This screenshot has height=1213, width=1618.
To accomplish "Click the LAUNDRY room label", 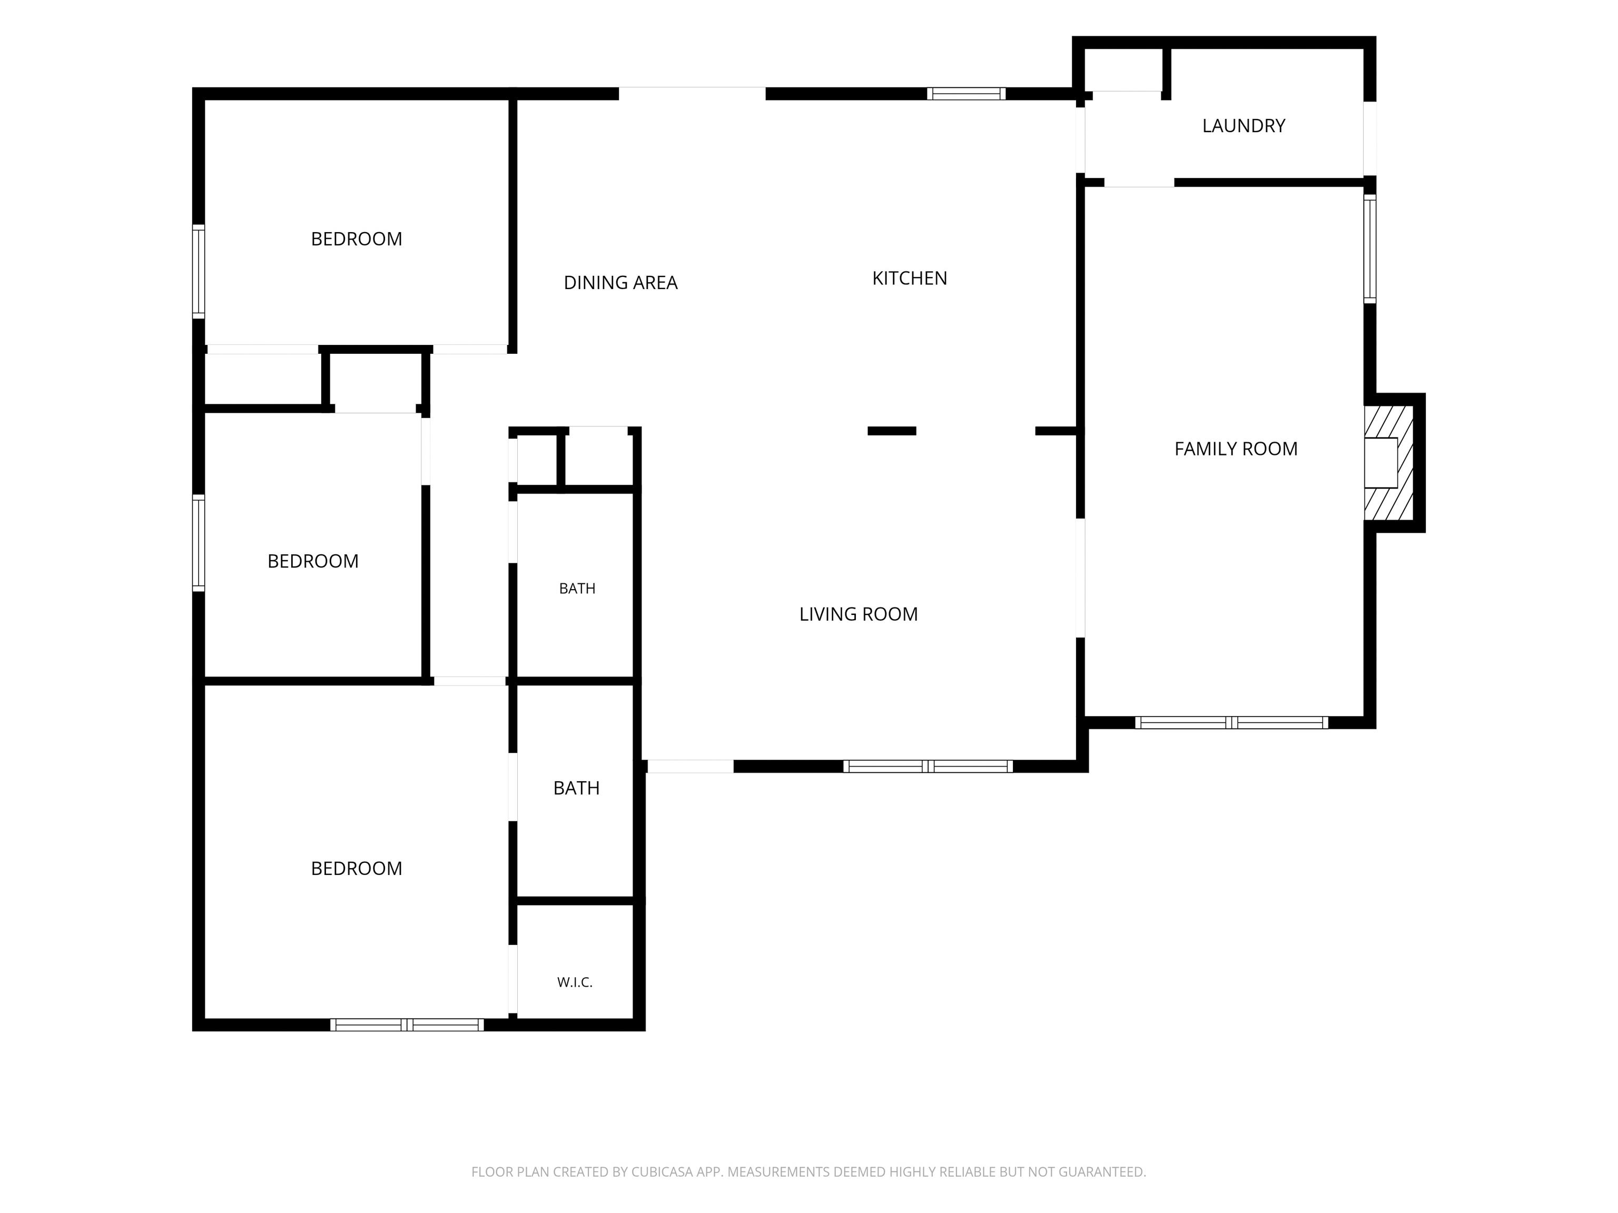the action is coord(1244,126).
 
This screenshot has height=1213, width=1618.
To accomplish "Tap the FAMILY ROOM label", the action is coord(1236,449).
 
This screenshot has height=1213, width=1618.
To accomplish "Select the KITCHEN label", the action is coord(909,278).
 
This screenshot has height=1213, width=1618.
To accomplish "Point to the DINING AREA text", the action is coord(620,282).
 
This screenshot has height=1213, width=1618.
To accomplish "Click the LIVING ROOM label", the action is coord(858,614).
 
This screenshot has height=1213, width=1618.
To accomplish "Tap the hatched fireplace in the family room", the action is coord(1388,463).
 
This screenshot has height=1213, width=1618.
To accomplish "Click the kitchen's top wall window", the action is coord(966,94).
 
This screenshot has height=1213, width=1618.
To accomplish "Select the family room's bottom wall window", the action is coord(1232,722).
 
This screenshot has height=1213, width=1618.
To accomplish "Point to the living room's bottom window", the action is coord(928,766).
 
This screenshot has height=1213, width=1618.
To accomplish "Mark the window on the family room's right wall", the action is coord(1370,248).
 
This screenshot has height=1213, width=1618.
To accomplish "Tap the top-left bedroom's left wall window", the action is coord(198,271).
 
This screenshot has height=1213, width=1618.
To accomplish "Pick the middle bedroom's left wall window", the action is coord(198,542).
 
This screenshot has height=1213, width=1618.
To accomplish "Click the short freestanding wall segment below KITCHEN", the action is coord(892,431).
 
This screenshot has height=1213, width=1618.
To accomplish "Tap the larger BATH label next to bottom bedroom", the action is coord(576,788).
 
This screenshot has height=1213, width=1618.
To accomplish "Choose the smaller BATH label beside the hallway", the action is coord(577,589).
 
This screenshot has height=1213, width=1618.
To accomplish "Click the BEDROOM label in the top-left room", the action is coord(356,239).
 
